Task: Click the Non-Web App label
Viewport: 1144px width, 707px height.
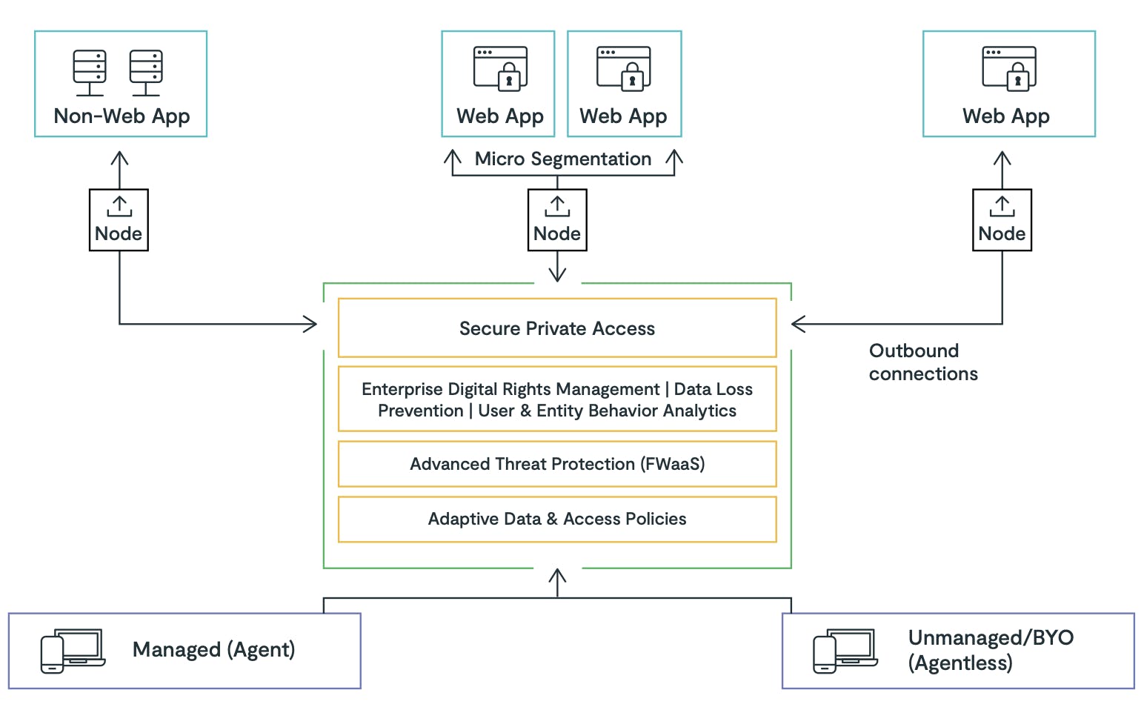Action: (122, 116)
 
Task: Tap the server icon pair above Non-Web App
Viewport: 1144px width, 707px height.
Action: (118, 73)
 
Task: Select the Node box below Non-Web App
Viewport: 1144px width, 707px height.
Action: (119, 220)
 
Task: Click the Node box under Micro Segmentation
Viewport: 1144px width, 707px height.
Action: (557, 220)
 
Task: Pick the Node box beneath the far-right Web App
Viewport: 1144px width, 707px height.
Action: (1002, 220)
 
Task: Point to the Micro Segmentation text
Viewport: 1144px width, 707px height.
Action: (563, 159)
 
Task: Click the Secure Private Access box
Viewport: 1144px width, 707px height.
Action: (557, 328)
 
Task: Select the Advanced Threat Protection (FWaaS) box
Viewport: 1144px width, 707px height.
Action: (557, 464)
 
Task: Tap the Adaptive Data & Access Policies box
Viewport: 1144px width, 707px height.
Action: (557, 520)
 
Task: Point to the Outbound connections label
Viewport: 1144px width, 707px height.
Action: (923, 362)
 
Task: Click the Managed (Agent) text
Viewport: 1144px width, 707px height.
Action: (213, 650)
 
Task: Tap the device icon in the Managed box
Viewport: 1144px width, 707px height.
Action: (73, 651)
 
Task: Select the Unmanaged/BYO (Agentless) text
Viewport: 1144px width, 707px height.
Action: (991, 650)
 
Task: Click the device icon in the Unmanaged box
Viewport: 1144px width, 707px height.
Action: (845, 651)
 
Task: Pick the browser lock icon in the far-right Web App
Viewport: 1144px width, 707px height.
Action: (1009, 69)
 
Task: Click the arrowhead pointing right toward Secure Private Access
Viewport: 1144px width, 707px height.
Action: (310, 324)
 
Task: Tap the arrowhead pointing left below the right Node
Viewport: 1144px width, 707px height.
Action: (799, 324)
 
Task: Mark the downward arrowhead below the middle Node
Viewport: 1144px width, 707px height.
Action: (557, 275)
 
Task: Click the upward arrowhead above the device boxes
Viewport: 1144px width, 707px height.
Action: (557, 576)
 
